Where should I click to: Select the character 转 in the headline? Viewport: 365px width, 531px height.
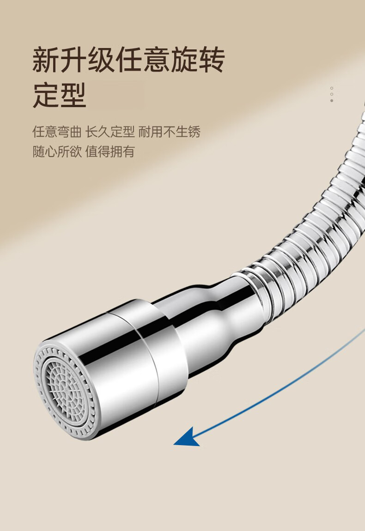click(210, 60)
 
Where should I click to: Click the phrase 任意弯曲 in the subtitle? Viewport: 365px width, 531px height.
click(56, 132)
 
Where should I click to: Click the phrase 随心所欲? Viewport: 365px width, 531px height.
click(56, 151)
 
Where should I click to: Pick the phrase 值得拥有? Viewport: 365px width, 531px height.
click(110, 151)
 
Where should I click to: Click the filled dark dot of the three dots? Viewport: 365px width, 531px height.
click(332, 100)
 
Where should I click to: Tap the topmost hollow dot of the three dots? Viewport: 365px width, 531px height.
click(332, 88)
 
